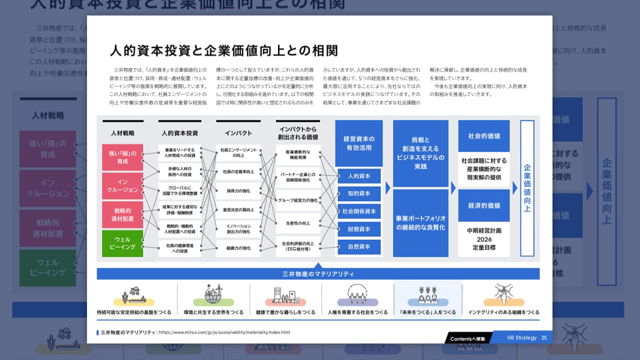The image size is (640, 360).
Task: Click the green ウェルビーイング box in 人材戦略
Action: coord(122,243)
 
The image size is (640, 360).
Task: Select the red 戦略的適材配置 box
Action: coord(122,215)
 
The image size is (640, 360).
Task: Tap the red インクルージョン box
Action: coord(122,186)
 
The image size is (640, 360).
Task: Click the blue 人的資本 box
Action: coord(359,176)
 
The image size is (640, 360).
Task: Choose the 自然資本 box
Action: coord(359,247)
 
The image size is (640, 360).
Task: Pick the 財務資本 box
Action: coord(359,229)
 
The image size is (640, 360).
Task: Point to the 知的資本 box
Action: coord(359,193)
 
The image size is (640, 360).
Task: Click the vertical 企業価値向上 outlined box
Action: coord(527,188)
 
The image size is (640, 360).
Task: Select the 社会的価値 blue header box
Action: coord(484,136)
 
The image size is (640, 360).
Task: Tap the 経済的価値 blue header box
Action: coord(484,205)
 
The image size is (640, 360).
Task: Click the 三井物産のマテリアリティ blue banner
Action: coord(318,274)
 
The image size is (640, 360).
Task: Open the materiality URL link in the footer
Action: coord(224,332)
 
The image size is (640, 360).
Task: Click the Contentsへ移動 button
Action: coord(467,338)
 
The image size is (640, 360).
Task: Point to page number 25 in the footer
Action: coord(544,338)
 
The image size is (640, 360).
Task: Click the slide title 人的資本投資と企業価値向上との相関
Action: coord(224,50)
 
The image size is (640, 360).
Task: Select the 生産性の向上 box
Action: coord(298,223)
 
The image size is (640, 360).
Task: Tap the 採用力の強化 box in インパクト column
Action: coord(238,191)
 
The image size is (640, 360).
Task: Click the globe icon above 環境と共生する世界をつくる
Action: coord(213,295)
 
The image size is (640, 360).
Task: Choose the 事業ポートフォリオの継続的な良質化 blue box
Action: coord(420,223)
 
